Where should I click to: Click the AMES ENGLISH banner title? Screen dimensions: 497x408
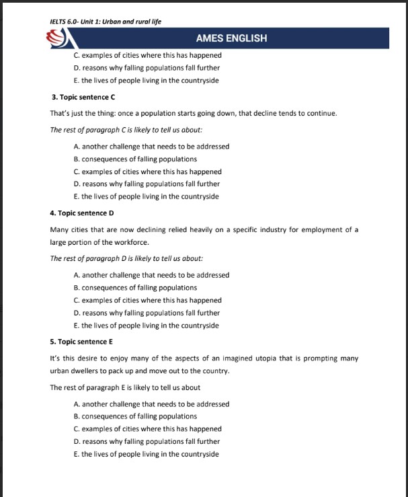pyautogui.click(x=231, y=38)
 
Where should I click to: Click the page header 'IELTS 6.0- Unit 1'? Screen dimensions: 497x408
pyautogui.click(x=106, y=21)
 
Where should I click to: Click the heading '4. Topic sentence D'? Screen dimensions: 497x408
pyautogui.click(x=78, y=213)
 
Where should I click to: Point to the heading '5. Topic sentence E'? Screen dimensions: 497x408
pyautogui.click(x=77, y=342)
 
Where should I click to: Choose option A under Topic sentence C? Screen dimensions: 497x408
pyautogui.click(x=151, y=146)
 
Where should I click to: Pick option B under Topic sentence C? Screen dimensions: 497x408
pyautogui.click(x=135, y=159)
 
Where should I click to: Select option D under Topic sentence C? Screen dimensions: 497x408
pyautogui.click(x=147, y=184)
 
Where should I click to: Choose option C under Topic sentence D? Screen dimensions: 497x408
pyautogui.click(x=147, y=300)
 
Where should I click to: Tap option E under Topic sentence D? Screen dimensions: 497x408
pyautogui.click(x=146, y=326)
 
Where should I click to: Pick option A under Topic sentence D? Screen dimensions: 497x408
pyautogui.click(x=151, y=274)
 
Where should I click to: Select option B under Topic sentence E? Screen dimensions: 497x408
pyautogui.click(x=135, y=416)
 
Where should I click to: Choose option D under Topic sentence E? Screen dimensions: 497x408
pyautogui.click(x=147, y=441)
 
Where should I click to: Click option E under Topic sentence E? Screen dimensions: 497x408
pyautogui.click(x=146, y=454)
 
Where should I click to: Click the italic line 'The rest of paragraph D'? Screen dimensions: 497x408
pyautogui.click(x=126, y=258)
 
